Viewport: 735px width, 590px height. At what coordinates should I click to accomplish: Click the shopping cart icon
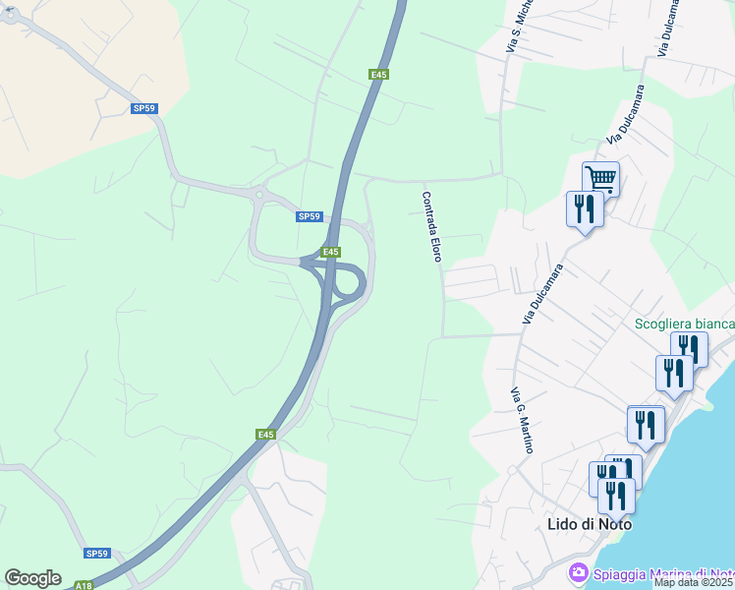pos(600,179)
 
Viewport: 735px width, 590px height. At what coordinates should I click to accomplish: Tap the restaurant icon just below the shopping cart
pos(585,208)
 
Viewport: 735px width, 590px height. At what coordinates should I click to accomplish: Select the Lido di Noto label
pos(589,524)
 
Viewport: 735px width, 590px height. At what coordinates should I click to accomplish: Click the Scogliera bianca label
pos(685,324)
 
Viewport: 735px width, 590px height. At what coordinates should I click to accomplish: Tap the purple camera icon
pos(579,572)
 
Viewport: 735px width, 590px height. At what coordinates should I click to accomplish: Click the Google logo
pos(32,578)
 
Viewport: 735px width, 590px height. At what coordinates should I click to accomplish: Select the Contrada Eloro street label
pos(431,226)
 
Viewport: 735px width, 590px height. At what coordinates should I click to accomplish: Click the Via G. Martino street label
pos(522,421)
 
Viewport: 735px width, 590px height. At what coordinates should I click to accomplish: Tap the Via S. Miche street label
pos(518,27)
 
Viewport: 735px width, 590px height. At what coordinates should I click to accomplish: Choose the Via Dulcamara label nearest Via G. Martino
pos(542,293)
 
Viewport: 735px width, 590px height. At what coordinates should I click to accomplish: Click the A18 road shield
pos(84,585)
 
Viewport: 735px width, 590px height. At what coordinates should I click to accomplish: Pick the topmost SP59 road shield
pos(144,108)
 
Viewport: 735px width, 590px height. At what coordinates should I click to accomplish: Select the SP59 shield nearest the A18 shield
pos(96,554)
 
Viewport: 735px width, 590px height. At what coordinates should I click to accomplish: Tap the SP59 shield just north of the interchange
pos(309,216)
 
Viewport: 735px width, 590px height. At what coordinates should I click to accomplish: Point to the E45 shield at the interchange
pos(330,252)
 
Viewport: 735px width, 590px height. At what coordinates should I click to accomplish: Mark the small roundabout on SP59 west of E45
pos(258,195)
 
